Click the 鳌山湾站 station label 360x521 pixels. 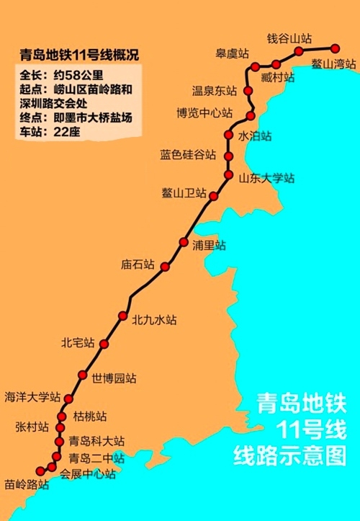coord(334,63)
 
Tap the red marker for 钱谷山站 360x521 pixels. coord(297,50)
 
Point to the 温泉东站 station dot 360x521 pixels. coord(248,91)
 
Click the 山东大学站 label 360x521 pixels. coord(266,177)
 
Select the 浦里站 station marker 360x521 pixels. coord(184,241)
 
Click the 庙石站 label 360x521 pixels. coord(138,264)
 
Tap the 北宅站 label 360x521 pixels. coord(78,343)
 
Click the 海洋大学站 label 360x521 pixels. coord(32,396)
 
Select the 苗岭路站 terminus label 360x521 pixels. coord(26,485)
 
